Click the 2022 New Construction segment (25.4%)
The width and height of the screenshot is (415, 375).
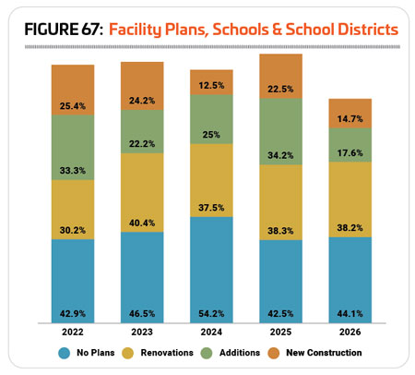[x=73, y=90]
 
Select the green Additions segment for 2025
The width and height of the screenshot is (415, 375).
[x=280, y=131]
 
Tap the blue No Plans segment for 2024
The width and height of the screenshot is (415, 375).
[x=211, y=270]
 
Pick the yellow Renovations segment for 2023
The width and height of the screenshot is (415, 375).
[x=142, y=193]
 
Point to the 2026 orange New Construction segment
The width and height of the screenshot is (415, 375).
[x=350, y=114]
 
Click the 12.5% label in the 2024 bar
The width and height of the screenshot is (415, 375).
[x=211, y=85]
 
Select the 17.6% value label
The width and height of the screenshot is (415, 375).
[x=350, y=153]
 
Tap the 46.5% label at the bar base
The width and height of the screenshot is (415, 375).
[x=142, y=314]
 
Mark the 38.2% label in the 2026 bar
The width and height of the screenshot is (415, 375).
[x=350, y=228]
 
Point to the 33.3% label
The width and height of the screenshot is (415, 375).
[x=73, y=171]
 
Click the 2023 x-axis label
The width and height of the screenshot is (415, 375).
[x=142, y=332]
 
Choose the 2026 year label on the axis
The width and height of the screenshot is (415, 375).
[x=350, y=332]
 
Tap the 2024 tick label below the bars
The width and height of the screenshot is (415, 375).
[x=211, y=332]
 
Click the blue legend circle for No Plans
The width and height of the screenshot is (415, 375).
[x=65, y=353]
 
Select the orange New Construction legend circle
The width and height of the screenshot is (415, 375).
[x=274, y=353]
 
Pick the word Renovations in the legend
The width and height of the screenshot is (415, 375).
[x=167, y=353]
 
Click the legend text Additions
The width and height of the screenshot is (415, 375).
[x=240, y=353]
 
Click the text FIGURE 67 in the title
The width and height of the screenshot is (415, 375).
[x=64, y=30]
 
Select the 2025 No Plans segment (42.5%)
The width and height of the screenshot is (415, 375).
[x=280, y=282]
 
